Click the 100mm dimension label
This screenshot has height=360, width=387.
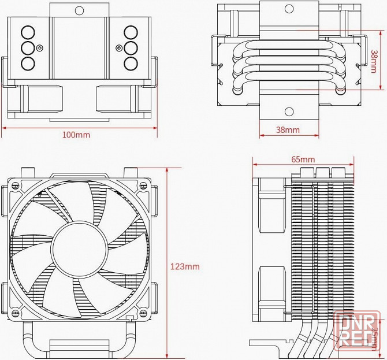tap(76, 135)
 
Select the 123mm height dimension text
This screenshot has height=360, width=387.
tap(185, 266)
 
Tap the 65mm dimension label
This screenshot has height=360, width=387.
tap(303, 159)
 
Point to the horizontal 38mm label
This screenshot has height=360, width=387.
tap(288, 130)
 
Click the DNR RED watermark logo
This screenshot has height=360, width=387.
tap(357, 330)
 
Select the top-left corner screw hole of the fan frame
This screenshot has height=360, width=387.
tap(13, 185)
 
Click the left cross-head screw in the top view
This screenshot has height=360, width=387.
tap(39, 47)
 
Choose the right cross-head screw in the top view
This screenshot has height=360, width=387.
tap(119, 47)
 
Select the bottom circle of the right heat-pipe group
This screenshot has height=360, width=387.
tap(131, 63)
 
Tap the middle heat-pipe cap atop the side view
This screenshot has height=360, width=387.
tap(321, 172)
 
